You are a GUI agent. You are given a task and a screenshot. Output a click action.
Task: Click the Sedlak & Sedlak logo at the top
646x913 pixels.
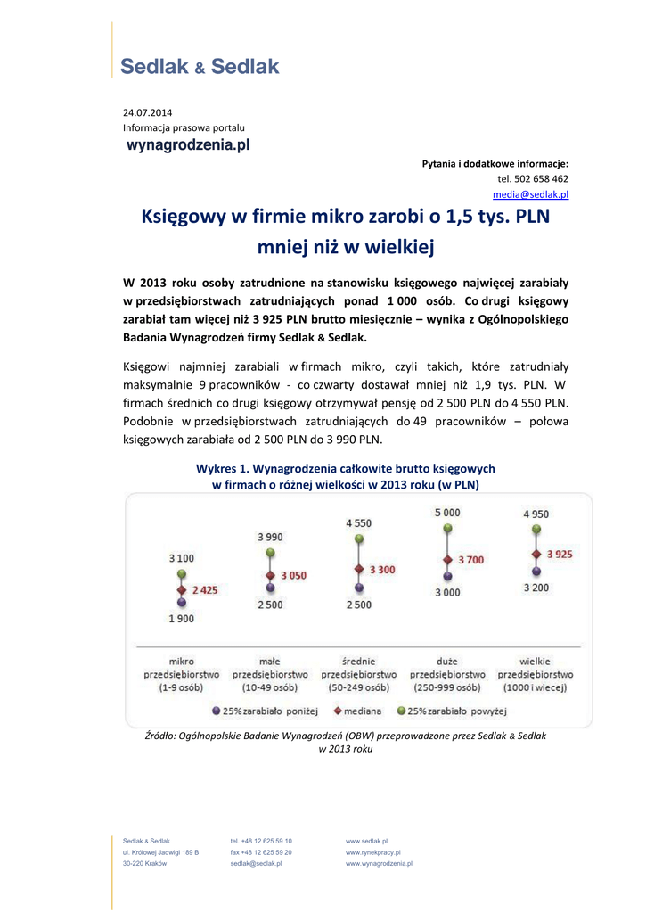point(200,66)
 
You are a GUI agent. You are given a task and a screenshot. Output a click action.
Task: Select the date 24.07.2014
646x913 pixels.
point(148,112)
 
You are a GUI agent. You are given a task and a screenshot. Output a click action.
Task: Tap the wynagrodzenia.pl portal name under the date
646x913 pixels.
point(186,144)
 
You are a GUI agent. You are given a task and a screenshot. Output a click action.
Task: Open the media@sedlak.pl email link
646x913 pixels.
point(531,194)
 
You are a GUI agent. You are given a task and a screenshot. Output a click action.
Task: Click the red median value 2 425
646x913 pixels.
point(203,590)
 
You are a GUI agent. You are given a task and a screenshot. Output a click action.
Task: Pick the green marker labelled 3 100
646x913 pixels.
point(181,574)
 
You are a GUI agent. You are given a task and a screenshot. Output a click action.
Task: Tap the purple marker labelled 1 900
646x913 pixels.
point(181,604)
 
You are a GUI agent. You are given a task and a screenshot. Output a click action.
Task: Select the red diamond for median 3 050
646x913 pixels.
point(269,575)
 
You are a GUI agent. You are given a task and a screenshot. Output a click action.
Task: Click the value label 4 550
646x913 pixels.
point(359,523)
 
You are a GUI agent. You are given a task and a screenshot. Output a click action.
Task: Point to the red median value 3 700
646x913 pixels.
point(470,560)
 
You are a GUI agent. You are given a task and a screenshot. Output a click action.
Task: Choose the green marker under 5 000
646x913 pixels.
point(446,529)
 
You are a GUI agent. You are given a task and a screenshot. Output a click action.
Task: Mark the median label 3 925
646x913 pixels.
point(560,554)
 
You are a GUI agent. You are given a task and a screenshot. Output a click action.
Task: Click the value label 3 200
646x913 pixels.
point(536,588)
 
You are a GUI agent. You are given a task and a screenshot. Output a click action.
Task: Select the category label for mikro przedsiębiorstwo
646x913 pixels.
point(182,674)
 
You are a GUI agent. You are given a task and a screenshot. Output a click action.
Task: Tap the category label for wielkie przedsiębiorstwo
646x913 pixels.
point(535,674)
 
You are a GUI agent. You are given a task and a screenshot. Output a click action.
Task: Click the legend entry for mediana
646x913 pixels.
point(357,711)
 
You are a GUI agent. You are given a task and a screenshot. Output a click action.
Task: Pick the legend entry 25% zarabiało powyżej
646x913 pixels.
point(452,711)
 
